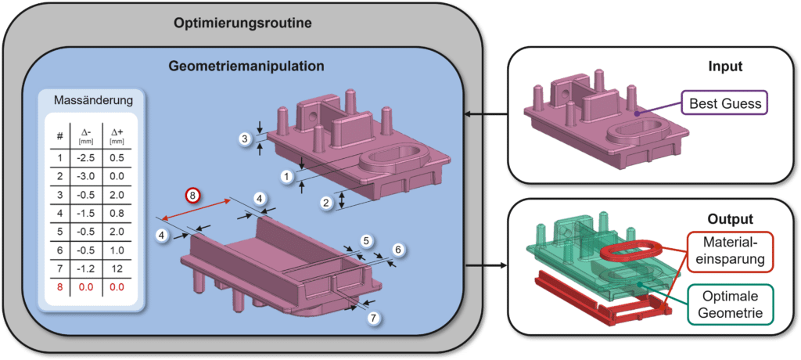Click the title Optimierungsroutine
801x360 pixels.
[x=242, y=22]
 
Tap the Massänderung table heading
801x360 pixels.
[x=93, y=100]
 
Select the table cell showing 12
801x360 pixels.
[x=117, y=268]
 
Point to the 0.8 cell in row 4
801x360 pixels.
[x=117, y=213]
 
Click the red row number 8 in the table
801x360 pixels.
[x=60, y=287]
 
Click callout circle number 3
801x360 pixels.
[x=245, y=139]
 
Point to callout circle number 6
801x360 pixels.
[x=397, y=250]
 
